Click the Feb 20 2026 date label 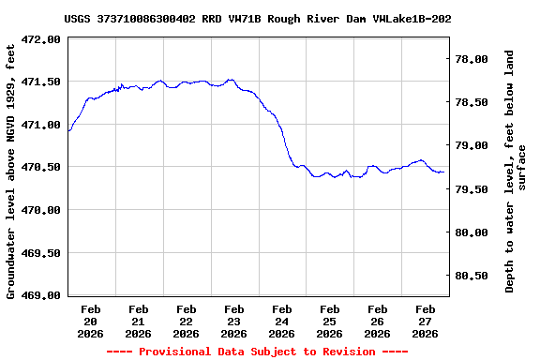(x=91, y=321)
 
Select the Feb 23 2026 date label (x=234, y=321)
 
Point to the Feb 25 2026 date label (x=330, y=321)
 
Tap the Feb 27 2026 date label (x=426, y=321)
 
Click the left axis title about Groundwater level (x=11, y=170)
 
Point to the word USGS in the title (x=78, y=19)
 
